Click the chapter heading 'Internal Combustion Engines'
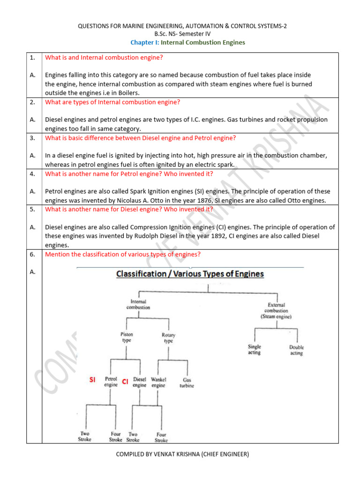pos(202,42)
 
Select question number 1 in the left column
pos(32,58)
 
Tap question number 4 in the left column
pos(32,173)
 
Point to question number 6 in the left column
pos(32,254)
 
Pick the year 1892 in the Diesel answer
pos(202,236)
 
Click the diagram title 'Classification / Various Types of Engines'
pos(190,274)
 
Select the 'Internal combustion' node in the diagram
pos(138,304)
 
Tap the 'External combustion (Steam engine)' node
pos(276,310)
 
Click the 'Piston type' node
pos(127,337)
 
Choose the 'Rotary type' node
pos(167,338)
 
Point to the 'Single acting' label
pos(255,350)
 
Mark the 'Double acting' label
pos(296,350)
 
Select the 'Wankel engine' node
pos(158,382)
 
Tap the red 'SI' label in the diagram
pos(93,380)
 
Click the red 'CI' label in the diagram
pos(125,382)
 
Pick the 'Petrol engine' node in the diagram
pos(111,382)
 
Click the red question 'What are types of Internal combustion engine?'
pos(112,102)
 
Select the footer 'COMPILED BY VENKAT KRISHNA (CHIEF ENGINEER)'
pos(182,454)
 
